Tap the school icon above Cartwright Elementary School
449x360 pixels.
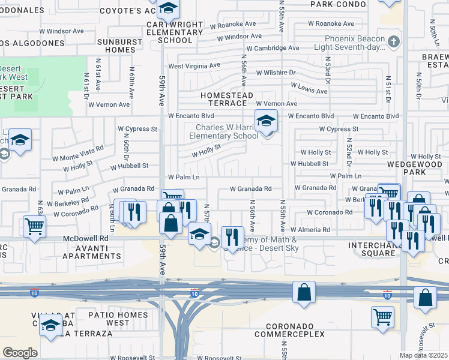(169, 9)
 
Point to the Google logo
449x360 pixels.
(19, 353)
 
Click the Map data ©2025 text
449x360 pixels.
(423, 355)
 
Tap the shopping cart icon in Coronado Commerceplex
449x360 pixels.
(382, 316)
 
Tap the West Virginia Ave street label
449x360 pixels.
(194, 65)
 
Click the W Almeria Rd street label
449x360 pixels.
(310, 230)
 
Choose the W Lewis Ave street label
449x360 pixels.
(309, 88)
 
